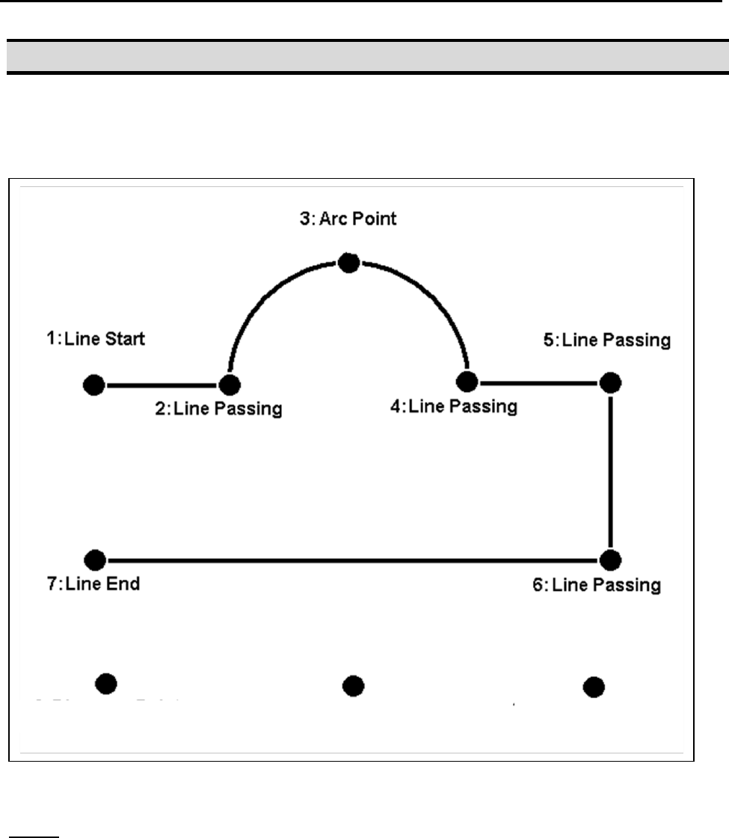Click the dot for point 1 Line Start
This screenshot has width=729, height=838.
93,385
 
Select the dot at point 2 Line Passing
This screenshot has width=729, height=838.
230,385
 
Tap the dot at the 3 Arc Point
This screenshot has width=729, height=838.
348,262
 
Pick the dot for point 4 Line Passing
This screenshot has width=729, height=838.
468,381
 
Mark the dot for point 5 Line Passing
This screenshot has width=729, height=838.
611,382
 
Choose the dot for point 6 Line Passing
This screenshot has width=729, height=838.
611,559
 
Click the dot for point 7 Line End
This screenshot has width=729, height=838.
94,559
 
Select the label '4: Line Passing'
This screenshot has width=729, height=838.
453,407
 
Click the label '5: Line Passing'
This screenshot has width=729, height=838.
606,340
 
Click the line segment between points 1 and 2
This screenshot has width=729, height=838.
162,385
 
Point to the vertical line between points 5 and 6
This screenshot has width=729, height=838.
611,471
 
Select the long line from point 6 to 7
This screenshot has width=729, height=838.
351,559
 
